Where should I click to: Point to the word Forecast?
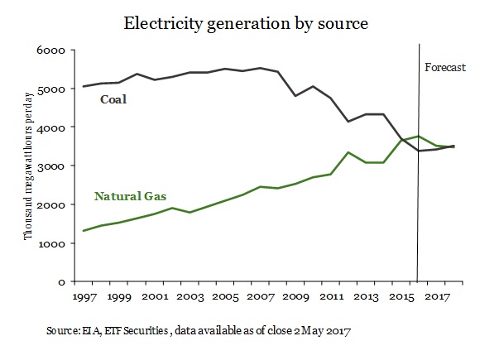pos(444,66)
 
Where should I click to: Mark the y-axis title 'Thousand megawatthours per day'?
pos(27,166)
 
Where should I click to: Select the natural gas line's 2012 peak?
pos(348,152)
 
